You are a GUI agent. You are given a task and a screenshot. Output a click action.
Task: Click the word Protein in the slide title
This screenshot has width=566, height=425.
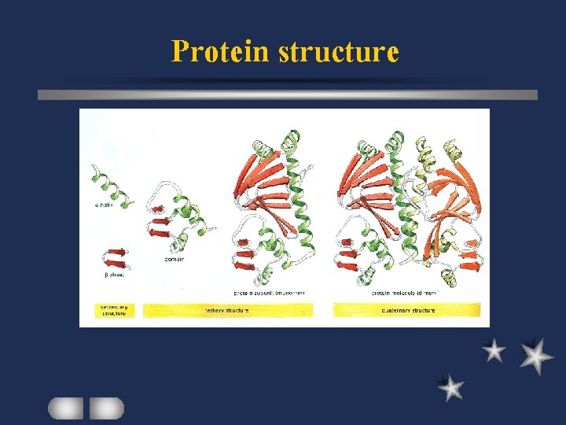coord(221,51)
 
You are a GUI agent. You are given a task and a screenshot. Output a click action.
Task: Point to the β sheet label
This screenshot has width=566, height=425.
coord(115,275)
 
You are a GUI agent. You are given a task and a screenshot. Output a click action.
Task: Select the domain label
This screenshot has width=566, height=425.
coord(175,259)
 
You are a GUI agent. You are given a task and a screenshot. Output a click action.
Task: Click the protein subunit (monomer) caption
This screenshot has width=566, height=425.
coord(269,292)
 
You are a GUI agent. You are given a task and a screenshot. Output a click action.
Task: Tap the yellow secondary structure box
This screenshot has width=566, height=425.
coord(116,310)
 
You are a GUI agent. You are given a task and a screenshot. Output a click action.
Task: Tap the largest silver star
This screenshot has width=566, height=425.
coord(536,356)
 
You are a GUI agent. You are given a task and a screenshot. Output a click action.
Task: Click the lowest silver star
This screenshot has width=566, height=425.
coord(450,387)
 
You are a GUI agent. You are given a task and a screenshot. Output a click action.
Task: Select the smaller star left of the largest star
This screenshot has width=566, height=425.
coord(494,350)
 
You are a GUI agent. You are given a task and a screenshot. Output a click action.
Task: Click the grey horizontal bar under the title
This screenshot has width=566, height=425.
coord(288,94)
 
